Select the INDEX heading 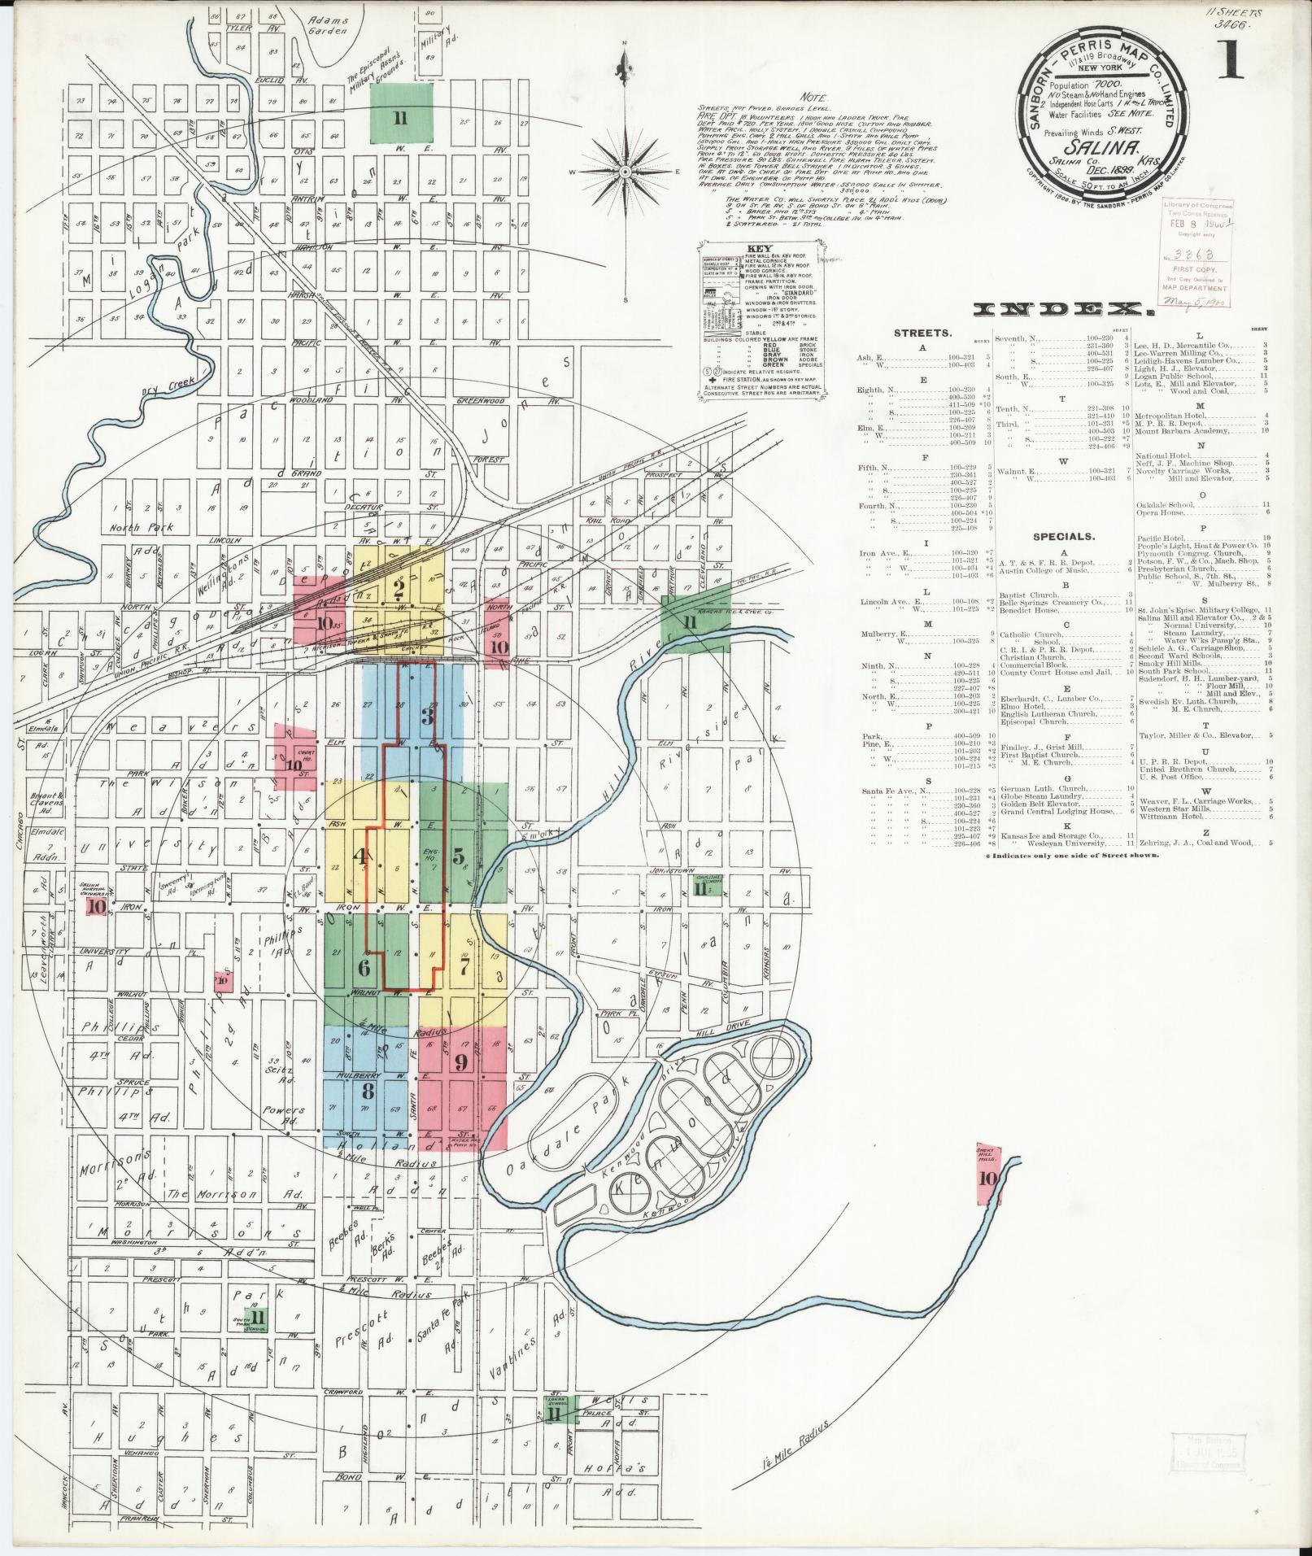pyautogui.click(x=1064, y=310)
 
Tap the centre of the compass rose pyautogui.click(x=625, y=172)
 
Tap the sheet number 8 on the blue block pyautogui.click(x=368, y=1091)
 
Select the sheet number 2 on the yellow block pyautogui.click(x=399, y=588)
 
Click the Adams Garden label pyautogui.click(x=329, y=25)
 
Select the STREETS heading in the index pyautogui.click(x=922, y=333)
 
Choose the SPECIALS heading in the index pyautogui.click(x=1063, y=537)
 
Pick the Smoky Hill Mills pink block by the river pyautogui.click(x=988, y=1176)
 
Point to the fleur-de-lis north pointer pyautogui.click(x=625, y=63)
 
